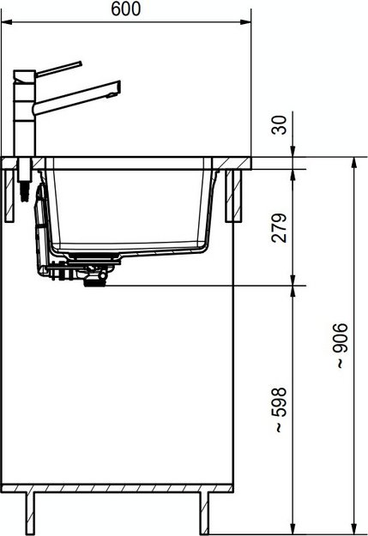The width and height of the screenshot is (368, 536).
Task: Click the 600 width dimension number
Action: [x=127, y=9]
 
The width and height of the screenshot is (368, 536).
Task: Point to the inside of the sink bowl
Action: [x=129, y=206]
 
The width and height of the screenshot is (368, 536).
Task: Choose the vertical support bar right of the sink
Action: [x=231, y=196]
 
